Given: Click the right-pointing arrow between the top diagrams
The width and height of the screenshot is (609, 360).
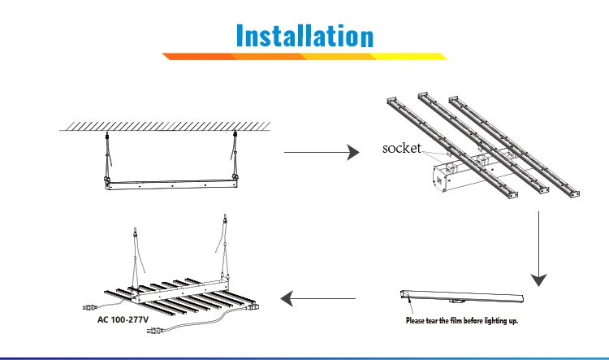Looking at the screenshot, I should [321, 152].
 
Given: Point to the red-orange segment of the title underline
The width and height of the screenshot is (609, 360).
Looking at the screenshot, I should [199, 57].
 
